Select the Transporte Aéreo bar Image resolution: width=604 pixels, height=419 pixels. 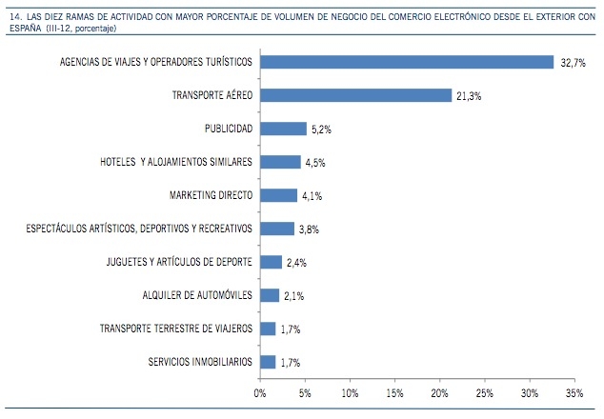[x=355, y=95]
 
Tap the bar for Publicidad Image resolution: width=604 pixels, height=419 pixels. [x=283, y=129]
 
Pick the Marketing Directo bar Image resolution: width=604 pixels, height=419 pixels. [x=278, y=195]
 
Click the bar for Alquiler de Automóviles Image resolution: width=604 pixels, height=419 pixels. [x=270, y=295]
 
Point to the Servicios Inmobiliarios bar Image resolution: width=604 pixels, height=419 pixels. [x=268, y=362]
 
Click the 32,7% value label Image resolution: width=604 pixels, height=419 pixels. [x=573, y=63]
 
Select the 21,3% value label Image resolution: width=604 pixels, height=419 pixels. [x=470, y=96]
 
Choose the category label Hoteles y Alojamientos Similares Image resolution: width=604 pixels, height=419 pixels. [x=176, y=162]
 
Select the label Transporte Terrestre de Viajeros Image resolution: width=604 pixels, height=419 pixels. [x=176, y=329]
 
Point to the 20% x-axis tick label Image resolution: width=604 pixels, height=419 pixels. [x=439, y=390]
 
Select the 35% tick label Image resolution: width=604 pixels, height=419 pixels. [x=574, y=390]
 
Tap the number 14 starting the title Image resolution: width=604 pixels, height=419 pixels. [x=12, y=13]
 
